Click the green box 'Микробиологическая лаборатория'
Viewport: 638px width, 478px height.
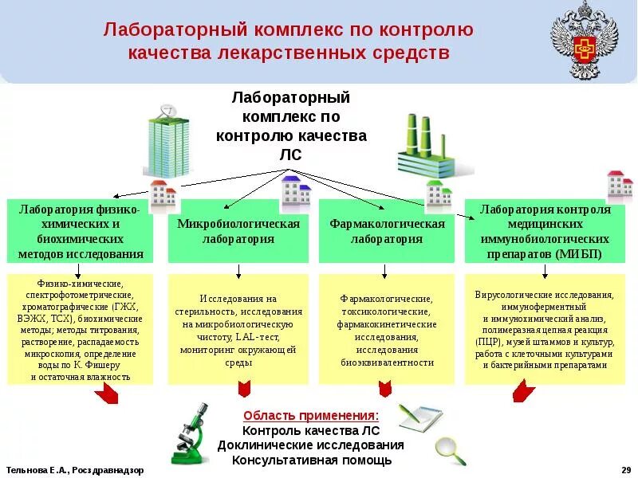[238, 231]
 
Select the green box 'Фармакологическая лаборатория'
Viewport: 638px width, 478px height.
[387, 231]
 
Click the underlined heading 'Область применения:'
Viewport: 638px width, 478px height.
[311, 416]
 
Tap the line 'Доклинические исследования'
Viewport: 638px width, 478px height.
[311, 445]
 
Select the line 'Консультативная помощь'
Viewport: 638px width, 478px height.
[311, 460]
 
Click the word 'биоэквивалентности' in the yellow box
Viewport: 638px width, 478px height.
[387, 362]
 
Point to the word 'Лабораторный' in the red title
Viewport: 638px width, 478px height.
[171, 30]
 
